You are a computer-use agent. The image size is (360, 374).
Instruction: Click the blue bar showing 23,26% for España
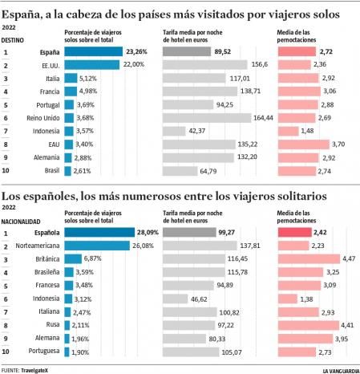coord(92,52)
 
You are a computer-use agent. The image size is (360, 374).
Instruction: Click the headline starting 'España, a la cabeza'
coord(180,14)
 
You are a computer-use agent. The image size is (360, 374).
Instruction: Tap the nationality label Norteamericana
coord(40,246)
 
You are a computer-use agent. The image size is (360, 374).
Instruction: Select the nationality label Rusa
coord(51,324)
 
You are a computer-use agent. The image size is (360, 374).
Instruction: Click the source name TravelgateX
coord(37,369)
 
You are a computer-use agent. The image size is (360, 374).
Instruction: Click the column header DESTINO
coord(12,38)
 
